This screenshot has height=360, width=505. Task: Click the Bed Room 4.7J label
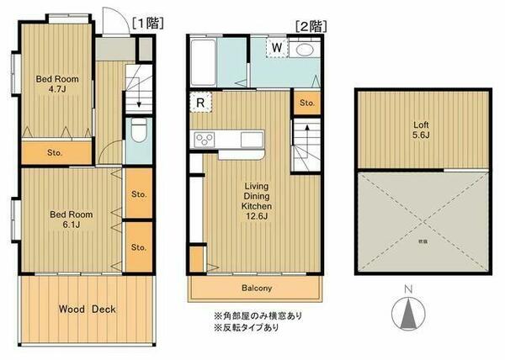[x=56, y=84]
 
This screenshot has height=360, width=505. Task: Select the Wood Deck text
[x=87, y=309]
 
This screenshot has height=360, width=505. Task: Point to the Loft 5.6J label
[x=422, y=126]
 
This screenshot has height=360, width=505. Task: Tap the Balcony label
[x=256, y=289]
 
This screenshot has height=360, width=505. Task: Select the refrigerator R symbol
[x=200, y=103]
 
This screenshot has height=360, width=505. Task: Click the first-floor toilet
[x=140, y=131]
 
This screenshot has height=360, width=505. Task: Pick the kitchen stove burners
[x=205, y=140]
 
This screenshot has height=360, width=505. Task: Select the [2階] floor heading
[x=309, y=25]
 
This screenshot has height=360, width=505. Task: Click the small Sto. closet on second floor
[x=306, y=103]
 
